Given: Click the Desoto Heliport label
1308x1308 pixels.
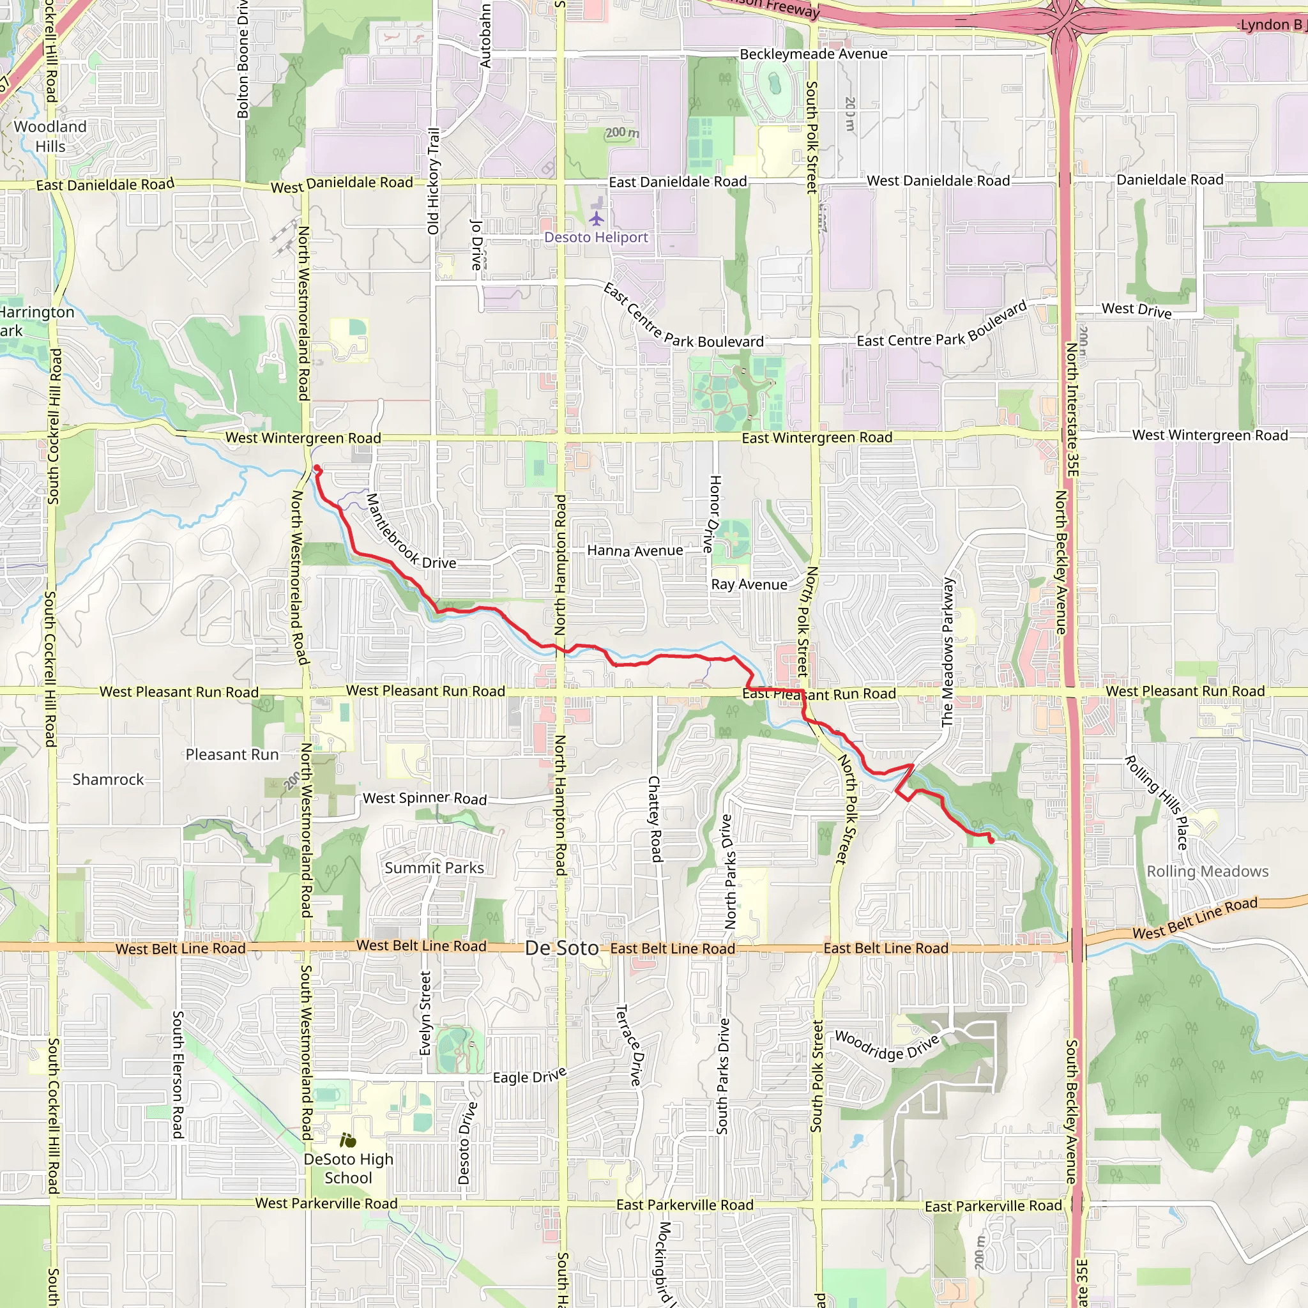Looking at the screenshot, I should pos(596,238).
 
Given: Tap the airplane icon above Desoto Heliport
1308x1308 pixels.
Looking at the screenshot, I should pos(596,218).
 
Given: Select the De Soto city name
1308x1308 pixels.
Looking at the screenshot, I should pos(561,948).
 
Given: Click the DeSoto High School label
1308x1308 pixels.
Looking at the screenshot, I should pos(348,1169).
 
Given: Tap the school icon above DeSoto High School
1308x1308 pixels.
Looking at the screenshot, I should pos(348,1141).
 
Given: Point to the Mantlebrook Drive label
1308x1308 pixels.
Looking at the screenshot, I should pos(410,532).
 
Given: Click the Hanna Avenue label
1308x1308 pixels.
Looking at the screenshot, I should pos(634,551).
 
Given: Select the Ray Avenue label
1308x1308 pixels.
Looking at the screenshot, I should pos(749,585).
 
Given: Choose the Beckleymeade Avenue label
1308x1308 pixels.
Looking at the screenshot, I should pos(813,54).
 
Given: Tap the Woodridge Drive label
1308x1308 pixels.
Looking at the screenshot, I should pos(886,1046).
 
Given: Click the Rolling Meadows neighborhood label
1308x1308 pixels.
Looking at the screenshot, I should pos(1207,872).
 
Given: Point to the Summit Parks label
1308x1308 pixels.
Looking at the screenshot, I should pos(434,868).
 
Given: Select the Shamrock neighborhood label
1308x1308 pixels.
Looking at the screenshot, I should pos(109,780).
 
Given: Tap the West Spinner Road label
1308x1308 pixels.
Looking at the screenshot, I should pos(425,799).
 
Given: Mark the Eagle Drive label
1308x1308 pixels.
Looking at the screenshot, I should pos(529,1076).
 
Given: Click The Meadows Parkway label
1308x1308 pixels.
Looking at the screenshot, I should pos(948,652).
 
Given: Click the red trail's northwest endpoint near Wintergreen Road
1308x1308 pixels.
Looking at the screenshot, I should pos(316,468).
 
